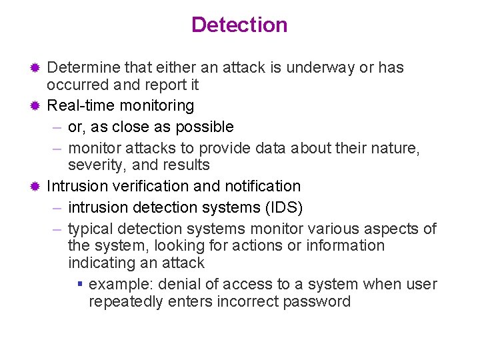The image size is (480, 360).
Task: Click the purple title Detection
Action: point(239,25)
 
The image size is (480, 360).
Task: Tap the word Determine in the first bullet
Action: point(81,68)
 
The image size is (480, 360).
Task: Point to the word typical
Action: point(91,229)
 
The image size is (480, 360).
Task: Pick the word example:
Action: point(119,284)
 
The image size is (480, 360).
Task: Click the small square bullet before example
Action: point(79,284)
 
